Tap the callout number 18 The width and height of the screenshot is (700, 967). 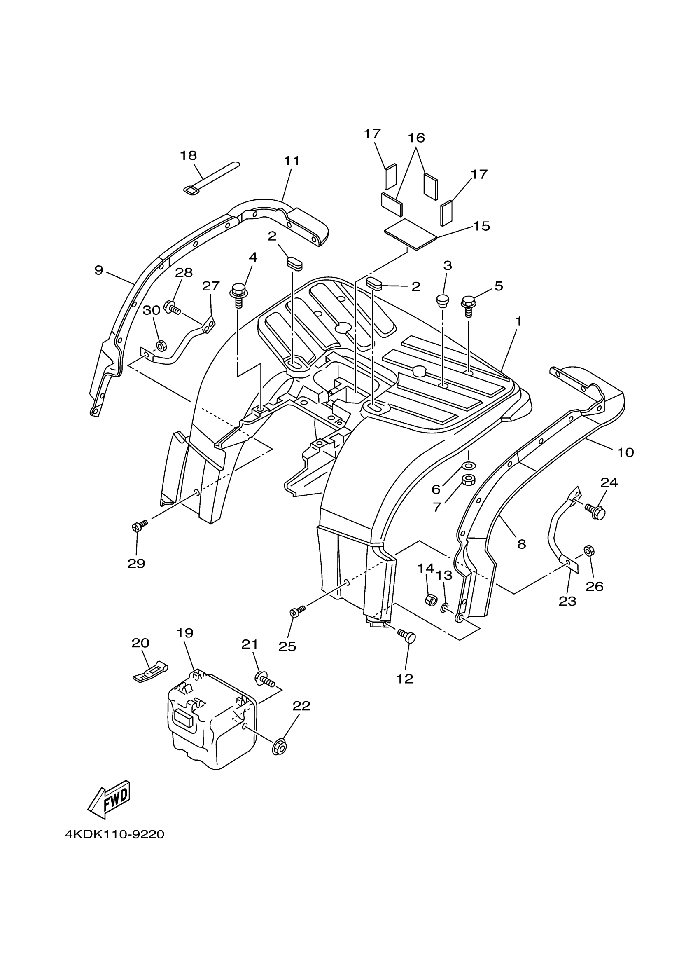[188, 156]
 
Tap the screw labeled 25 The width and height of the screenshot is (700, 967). [296, 612]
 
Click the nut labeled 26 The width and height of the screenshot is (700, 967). [588, 550]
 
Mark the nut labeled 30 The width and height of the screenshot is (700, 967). [161, 345]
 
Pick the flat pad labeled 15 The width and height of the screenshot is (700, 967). [411, 234]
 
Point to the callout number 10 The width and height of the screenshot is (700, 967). [625, 452]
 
